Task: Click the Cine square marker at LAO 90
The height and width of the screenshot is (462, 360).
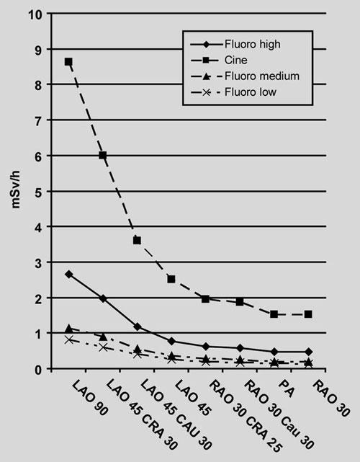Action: [68, 62]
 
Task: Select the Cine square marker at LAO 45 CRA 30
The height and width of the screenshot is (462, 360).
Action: [103, 155]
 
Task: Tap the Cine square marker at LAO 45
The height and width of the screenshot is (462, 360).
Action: [171, 279]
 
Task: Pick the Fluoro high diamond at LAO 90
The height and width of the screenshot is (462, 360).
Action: [69, 275]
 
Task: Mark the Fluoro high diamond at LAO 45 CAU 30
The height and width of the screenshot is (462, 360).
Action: [138, 326]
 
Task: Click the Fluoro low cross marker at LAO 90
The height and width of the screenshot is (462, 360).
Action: [69, 340]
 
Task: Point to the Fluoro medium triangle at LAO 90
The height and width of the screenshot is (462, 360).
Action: [69, 328]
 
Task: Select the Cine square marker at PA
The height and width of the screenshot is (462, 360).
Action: [274, 314]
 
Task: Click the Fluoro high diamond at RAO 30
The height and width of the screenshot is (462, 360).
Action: [308, 352]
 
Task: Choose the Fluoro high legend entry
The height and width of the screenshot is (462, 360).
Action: [235, 45]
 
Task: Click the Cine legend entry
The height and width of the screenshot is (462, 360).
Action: [219, 61]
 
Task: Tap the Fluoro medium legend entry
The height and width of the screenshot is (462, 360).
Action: [245, 76]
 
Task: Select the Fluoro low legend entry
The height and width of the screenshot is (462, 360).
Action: [233, 92]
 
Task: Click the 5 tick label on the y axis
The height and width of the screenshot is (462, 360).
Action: [39, 191]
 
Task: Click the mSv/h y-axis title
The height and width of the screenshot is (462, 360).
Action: [16, 190]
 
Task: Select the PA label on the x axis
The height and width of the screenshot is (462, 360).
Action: [286, 388]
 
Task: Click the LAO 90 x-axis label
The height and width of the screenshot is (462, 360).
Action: [90, 399]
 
